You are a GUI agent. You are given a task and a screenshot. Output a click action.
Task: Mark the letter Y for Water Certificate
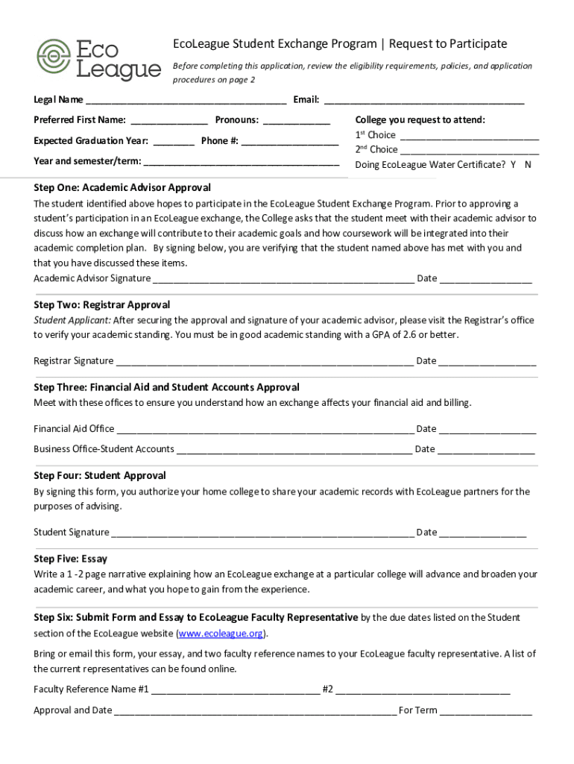tap(513, 165)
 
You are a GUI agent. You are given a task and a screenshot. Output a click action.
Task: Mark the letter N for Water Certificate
tap(528, 165)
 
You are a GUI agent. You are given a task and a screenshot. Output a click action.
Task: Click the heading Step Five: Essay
tap(71, 559)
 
